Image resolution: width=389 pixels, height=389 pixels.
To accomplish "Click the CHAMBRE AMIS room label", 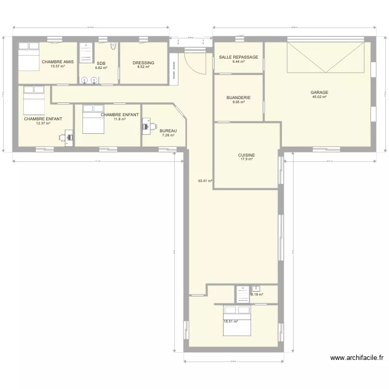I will pos(58,62).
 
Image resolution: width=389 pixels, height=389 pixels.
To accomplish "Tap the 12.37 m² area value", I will pos(43,123).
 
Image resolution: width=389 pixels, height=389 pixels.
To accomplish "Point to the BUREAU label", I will pos(168,131).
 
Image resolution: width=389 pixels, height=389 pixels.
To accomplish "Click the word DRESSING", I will pos(143,63).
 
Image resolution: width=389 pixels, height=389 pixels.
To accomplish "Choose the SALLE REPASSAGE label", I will pos(239,57).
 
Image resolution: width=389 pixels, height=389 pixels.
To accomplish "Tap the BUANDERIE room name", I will pos(239,98).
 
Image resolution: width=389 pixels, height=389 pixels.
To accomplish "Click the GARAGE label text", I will pos(319,93).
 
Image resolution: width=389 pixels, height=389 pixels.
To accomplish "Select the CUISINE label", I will pos(246,155).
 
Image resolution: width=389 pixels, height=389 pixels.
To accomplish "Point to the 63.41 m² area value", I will pos(205,181).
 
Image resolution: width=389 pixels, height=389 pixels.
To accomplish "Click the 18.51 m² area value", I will pos(230,322).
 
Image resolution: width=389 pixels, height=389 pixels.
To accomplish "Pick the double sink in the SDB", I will pos(89,80).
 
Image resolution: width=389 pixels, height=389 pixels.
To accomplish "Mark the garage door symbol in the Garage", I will pos(325,58).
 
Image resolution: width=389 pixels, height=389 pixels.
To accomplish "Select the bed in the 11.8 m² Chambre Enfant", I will pos(92,119).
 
